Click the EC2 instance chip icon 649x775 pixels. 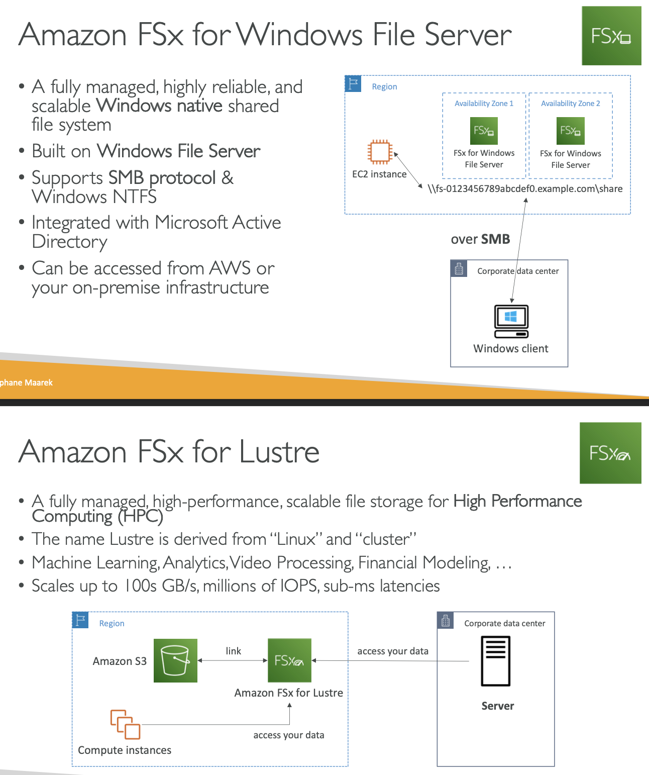(x=380, y=152)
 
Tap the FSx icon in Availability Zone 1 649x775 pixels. (x=484, y=131)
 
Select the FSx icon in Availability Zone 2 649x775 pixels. (x=570, y=131)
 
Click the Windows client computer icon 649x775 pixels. (x=511, y=321)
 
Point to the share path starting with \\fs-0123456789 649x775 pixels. (x=525, y=189)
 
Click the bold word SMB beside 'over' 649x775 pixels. (x=495, y=239)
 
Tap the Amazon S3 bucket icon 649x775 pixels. (x=175, y=660)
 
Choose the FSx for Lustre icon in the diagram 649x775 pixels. (x=289, y=660)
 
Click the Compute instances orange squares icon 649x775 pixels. (x=125, y=724)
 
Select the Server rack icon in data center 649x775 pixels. (x=495, y=661)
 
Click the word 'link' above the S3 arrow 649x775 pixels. (x=233, y=651)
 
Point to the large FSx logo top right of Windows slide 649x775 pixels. (x=611, y=36)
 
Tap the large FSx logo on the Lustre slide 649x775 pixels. (x=610, y=453)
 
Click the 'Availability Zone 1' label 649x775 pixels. (x=484, y=104)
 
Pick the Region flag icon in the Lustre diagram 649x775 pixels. (x=80, y=620)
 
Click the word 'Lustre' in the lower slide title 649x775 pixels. (x=279, y=452)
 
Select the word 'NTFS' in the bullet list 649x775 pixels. (x=135, y=197)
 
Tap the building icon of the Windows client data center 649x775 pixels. (x=459, y=269)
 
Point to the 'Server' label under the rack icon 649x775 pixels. (x=497, y=706)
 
